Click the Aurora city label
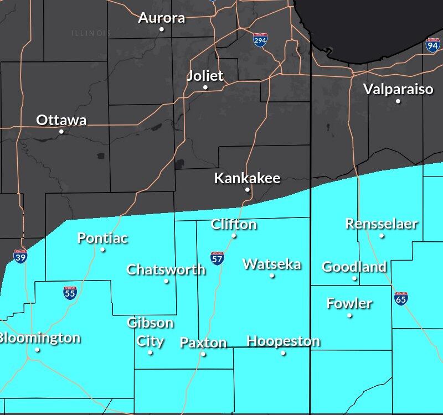coord(162,18)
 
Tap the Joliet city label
coord(205,76)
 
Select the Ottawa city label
coord(61,120)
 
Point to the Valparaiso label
coord(398,89)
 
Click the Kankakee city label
coord(247,178)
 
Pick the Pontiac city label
coord(102,238)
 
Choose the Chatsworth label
coord(166,270)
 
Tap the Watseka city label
coord(272,264)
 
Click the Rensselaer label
coord(382,224)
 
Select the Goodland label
coord(354,267)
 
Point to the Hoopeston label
coord(283,341)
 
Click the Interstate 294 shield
coord(260,40)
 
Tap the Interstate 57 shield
coord(217,258)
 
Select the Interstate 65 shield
coord(401,298)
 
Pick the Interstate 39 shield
coord(20,256)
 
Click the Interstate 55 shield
coord(70,293)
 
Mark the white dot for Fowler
coord(349,315)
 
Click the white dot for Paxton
coord(203,354)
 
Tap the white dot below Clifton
coord(234,236)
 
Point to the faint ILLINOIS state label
coord(91,33)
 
